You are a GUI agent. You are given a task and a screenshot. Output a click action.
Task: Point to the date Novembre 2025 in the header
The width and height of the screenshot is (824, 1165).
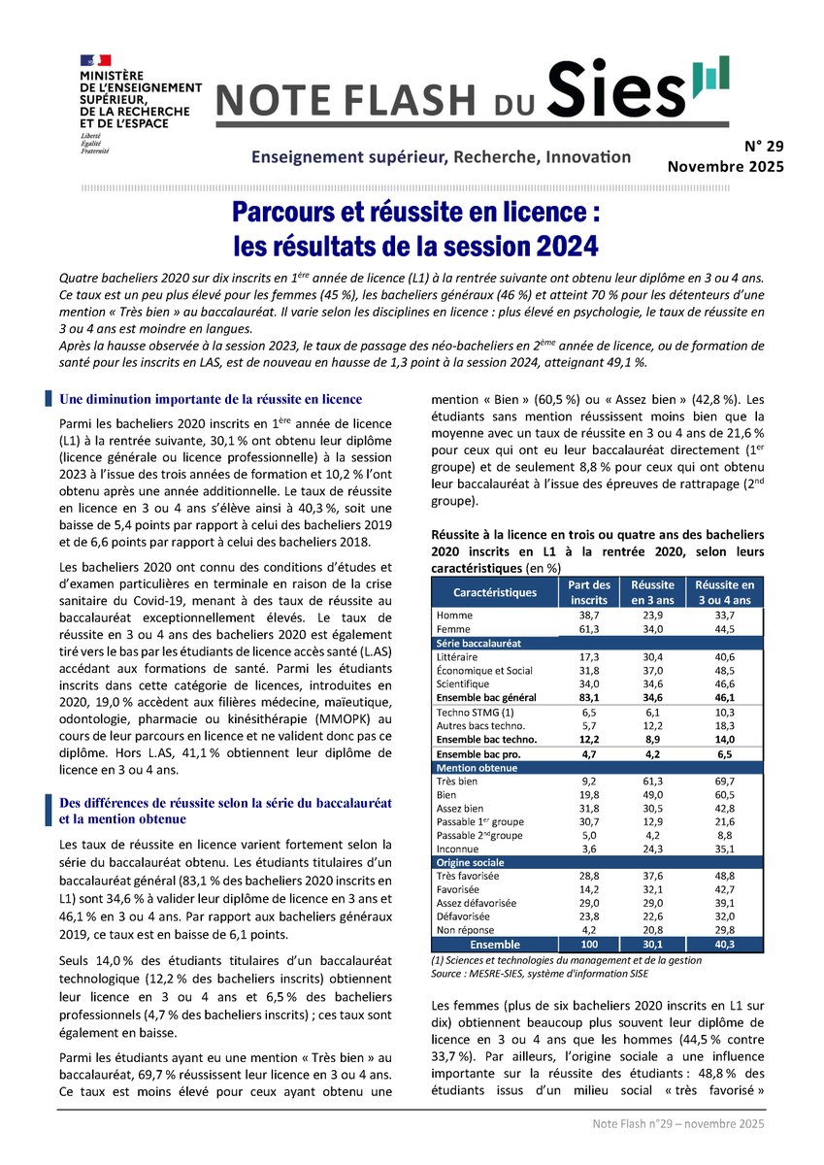[725, 167]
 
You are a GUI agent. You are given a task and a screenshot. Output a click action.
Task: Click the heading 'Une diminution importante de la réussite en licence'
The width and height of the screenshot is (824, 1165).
[211, 399]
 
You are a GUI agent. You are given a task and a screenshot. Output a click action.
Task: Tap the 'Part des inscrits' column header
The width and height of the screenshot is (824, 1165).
[588, 591]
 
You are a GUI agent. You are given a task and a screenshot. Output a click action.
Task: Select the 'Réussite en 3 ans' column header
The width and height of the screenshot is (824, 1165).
[653, 591]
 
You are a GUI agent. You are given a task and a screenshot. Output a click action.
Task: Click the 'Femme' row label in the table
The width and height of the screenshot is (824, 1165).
[452, 629]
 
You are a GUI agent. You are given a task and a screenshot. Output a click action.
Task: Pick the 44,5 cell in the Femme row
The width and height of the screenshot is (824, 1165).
[719, 629]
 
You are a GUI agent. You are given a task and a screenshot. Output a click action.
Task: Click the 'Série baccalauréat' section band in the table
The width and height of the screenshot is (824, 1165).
[479, 643]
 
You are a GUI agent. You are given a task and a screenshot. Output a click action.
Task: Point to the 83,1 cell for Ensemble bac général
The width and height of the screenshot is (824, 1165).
[588, 696]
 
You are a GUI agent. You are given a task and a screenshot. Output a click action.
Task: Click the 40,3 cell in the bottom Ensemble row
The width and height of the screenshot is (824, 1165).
[719, 944]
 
